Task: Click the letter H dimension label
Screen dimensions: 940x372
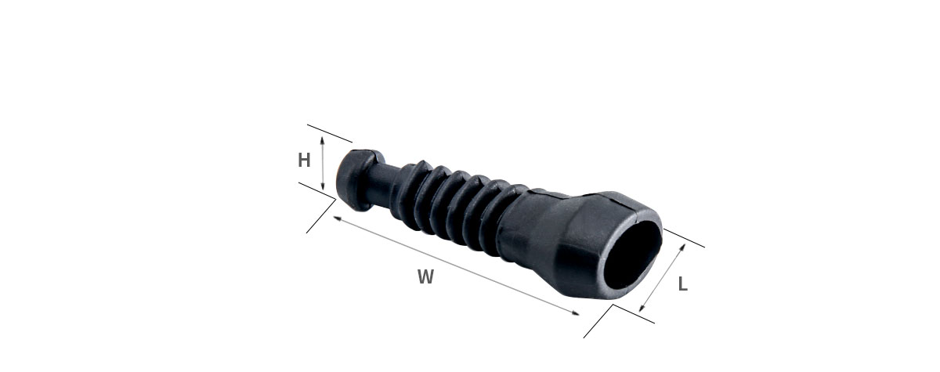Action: (304, 161)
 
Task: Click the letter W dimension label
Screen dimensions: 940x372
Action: (425, 276)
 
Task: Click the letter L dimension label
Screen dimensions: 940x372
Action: (683, 284)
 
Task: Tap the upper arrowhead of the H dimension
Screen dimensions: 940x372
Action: (322, 139)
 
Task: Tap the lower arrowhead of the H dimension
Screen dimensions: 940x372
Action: (322, 186)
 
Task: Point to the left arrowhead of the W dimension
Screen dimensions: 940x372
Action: (337, 218)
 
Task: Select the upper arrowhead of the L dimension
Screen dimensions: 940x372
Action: (682, 247)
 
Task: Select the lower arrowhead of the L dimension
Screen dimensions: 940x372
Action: (642, 309)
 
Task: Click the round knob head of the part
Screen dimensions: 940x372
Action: (355, 179)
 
